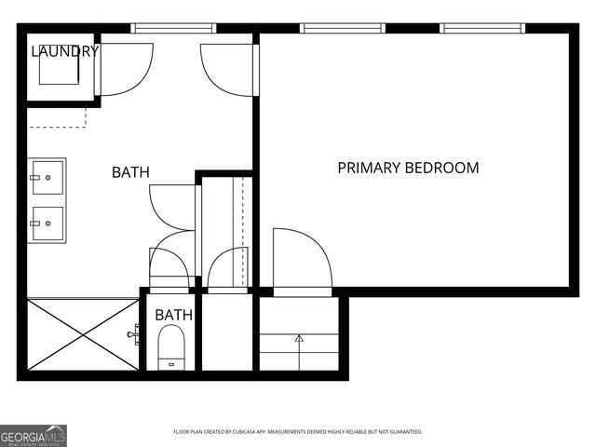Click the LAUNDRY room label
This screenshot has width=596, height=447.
(64, 51)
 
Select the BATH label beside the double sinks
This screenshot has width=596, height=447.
(130, 172)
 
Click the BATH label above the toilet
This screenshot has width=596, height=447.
(174, 315)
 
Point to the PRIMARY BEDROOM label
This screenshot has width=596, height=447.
(408, 169)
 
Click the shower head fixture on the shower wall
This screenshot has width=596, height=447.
(134, 332)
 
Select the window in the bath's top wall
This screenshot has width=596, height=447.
(174, 28)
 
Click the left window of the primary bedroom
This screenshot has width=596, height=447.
(342, 28)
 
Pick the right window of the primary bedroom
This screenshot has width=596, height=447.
(482, 28)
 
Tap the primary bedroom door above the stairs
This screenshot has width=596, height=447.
(301, 261)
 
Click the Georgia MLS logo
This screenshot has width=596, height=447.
(34, 435)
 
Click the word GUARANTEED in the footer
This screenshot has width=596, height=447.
(401, 432)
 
